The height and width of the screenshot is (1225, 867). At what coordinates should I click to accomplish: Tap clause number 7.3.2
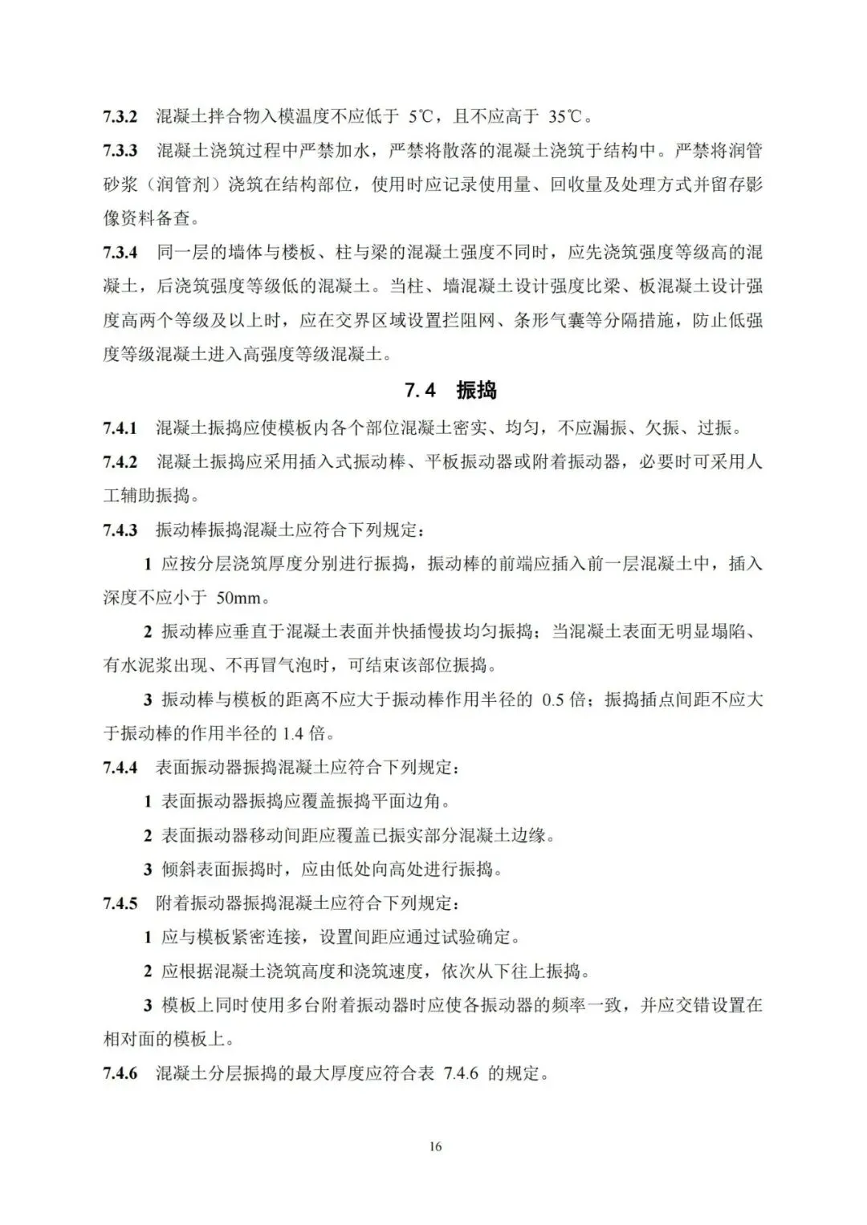coord(120,117)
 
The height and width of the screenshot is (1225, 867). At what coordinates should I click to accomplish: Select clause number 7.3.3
coord(120,151)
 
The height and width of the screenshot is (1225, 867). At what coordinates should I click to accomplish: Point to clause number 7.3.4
coord(120,253)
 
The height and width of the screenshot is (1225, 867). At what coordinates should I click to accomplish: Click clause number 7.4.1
coord(120,428)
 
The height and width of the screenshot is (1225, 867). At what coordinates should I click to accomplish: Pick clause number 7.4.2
coord(120,462)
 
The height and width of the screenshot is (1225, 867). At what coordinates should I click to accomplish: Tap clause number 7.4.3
coord(120,530)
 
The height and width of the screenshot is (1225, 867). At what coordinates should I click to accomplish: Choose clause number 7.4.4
coord(120,768)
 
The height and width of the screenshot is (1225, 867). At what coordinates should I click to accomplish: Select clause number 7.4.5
coord(120,903)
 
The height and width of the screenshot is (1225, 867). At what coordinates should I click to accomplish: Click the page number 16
coord(435,1146)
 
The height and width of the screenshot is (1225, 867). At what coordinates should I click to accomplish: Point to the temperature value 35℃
coord(569,117)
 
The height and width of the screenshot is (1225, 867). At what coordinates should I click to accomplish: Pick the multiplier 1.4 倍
coord(301,733)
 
